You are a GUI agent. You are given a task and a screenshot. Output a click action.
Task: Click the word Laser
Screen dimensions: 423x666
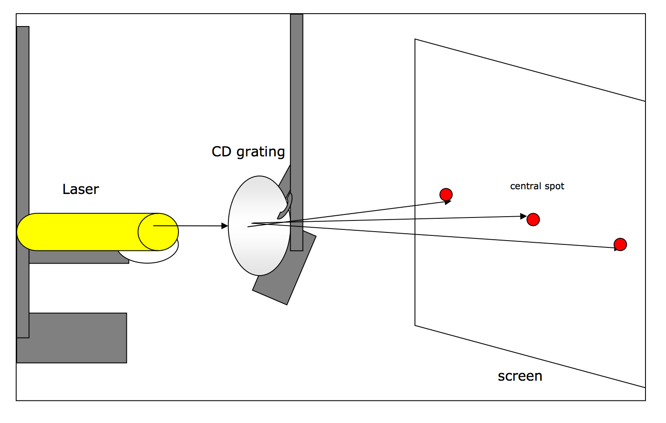[x=80, y=189]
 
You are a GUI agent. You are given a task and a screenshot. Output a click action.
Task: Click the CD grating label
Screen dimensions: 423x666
[x=248, y=152]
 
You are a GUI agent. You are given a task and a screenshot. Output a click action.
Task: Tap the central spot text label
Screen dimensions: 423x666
[x=537, y=186]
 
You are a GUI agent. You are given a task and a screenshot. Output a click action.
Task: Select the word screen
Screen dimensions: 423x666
[x=520, y=376]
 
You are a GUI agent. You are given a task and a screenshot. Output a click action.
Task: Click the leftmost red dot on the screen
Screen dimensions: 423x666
[x=446, y=194]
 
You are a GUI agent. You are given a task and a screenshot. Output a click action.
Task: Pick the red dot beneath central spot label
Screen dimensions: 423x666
[x=533, y=220]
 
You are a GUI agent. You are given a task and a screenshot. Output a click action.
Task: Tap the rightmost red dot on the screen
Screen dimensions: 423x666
[x=620, y=244]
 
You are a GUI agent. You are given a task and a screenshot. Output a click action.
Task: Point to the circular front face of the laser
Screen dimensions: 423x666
[x=158, y=232]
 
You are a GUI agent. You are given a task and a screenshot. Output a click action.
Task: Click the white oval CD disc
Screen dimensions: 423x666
[x=256, y=248]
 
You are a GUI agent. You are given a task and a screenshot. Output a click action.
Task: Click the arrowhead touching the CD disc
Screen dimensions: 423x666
[x=225, y=226]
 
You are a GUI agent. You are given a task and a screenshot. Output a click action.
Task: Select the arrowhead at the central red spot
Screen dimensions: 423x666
[x=523, y=217]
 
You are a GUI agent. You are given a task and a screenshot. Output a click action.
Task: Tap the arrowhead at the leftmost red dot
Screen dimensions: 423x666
[x=448, y=202]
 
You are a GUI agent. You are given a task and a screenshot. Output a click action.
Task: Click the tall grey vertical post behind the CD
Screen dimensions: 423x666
[x=297, y=107]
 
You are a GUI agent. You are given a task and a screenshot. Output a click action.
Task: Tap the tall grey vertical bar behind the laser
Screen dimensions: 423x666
[x=23, y=128]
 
